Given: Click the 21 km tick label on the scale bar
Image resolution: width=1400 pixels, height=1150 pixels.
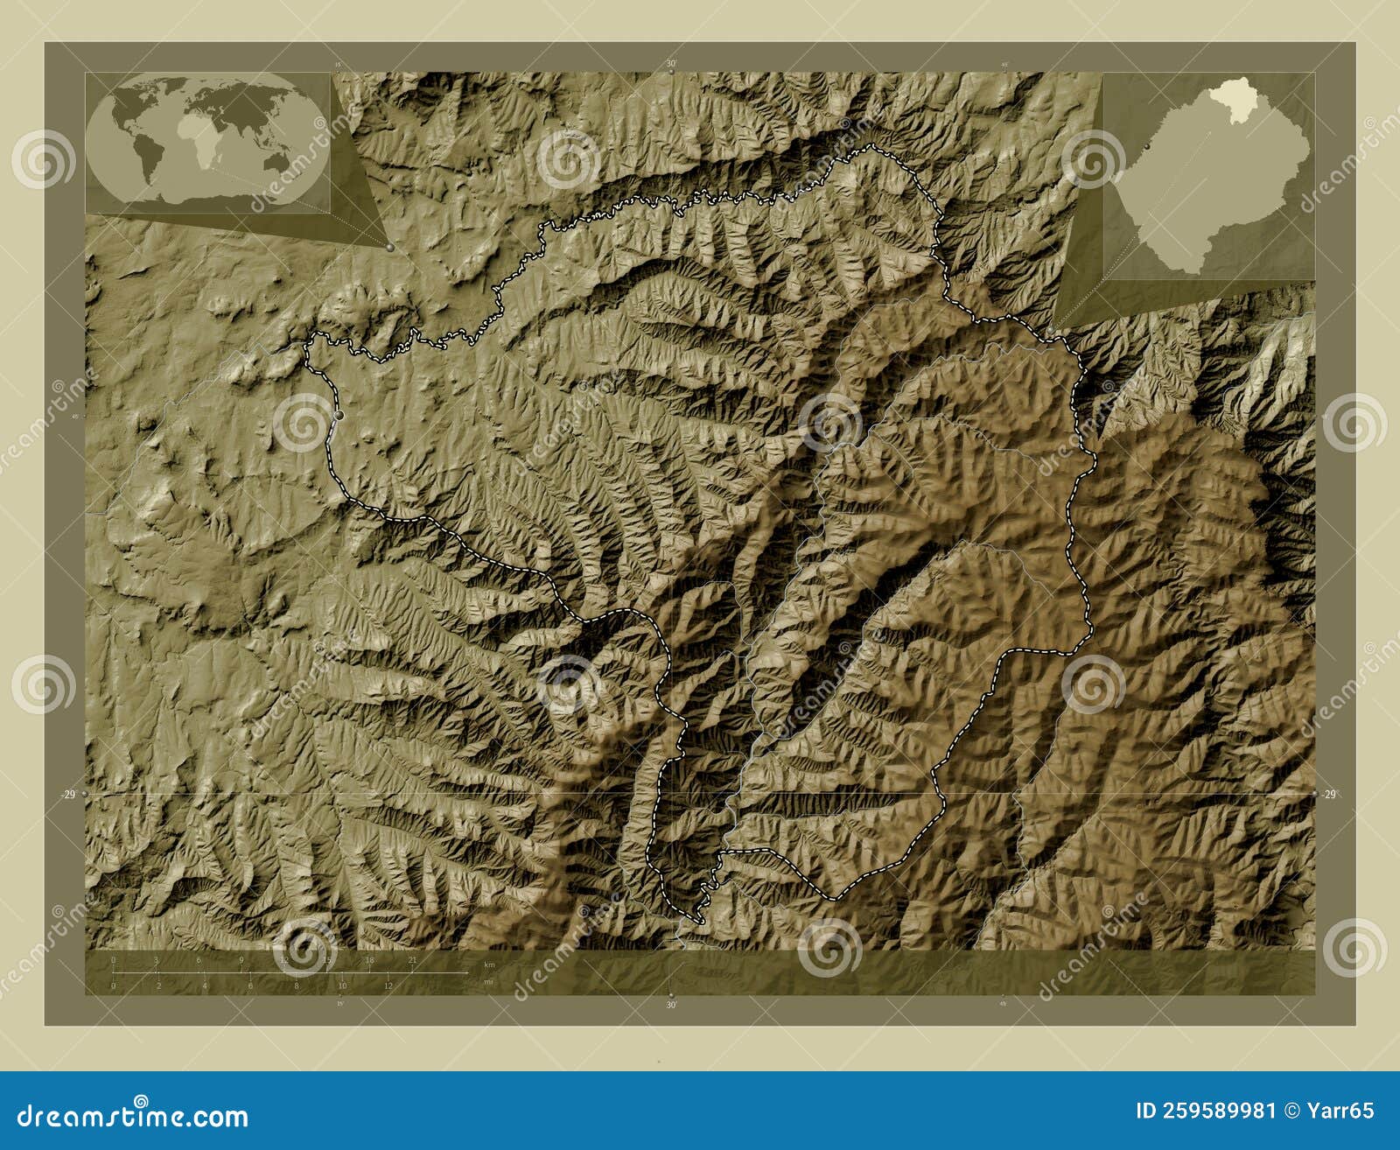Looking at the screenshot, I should coord(412,960).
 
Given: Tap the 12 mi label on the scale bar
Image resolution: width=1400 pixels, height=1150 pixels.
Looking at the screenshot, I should coord(388,985).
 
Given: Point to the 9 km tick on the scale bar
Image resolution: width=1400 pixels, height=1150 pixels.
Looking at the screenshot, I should coord(241,960).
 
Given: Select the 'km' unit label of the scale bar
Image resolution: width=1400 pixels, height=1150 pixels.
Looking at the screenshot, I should coord(490,964).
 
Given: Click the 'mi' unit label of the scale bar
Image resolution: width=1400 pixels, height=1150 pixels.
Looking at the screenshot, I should coord(489,982).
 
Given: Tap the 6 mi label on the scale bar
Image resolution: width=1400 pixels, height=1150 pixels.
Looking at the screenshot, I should coord(250,985).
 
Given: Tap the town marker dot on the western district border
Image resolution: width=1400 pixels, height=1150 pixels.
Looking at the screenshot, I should coord(339,415).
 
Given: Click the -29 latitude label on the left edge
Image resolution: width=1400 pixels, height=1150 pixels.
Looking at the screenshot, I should coord(67,794).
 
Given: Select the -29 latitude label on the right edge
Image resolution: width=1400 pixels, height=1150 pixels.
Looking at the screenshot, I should coord(1329,794).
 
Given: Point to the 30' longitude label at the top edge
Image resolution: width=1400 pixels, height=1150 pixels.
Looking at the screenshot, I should coord(671,64).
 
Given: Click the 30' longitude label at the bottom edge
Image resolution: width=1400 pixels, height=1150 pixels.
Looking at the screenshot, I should coord(671,1004).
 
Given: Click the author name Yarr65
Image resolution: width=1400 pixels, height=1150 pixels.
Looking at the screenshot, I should coord(1340,1111).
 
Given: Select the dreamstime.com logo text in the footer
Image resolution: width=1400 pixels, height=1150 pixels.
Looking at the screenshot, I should coord(132,1116).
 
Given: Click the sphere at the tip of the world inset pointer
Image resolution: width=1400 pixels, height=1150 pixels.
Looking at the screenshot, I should coord(389,248).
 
